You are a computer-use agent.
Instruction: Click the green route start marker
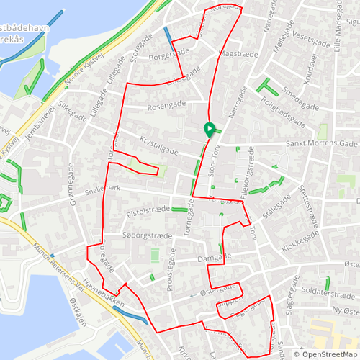pyautogui.click(x=210, y=130)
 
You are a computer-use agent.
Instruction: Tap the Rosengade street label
pyautogui.click(x=166, y=106)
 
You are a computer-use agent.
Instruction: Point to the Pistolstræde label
pyautogui.click(x=148, y=211)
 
